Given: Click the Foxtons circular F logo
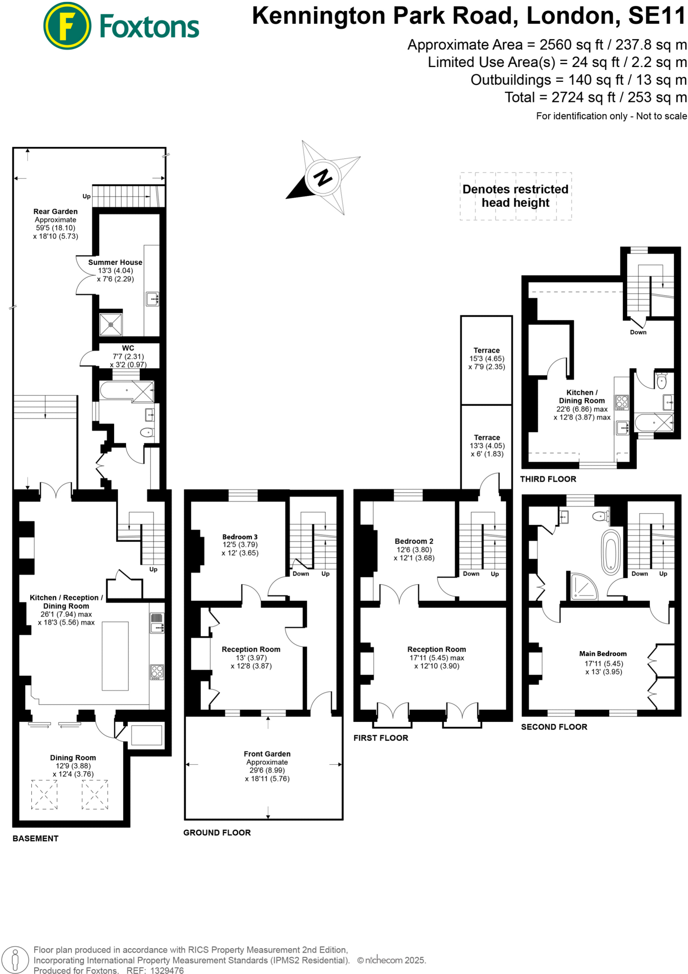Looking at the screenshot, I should coord(67,25).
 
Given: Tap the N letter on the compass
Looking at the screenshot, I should coord(323,177).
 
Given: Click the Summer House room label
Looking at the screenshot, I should coord(115,262).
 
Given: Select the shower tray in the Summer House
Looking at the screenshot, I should coord(111,324).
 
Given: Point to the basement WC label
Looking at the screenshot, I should coord(128,348).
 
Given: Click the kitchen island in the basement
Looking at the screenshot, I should coord(115,656).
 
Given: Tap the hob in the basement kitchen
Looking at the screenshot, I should coord(157,672).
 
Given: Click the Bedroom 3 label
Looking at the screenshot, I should coord(240,536).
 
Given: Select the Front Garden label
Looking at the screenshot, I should coord(267,754).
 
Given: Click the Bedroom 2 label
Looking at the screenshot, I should coord(414,541).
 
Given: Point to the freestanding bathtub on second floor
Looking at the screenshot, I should coord(610,552).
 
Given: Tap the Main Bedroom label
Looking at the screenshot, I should coord(602,653).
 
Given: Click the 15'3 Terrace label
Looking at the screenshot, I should coord(486,351).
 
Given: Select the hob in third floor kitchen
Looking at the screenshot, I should coord(622,402).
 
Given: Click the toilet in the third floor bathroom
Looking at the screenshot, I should coord(661,381).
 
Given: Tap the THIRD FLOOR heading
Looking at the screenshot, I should coord(548,479).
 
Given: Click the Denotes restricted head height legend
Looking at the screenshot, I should coord(515,196).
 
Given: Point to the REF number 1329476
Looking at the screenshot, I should coord(167,971).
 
